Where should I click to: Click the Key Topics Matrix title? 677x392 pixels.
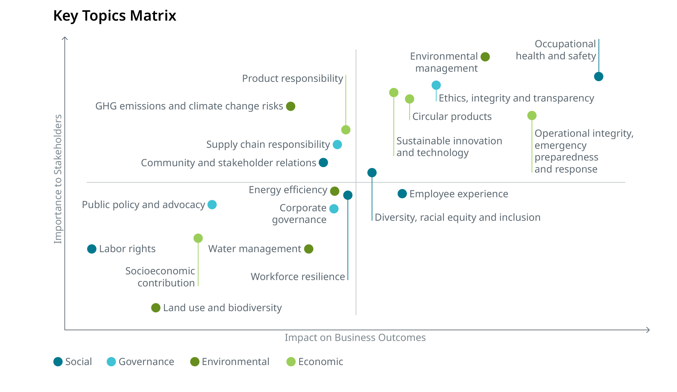(114, 16)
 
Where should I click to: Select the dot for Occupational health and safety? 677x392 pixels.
(598, 76)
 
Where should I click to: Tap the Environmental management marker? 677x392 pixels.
(485, 57)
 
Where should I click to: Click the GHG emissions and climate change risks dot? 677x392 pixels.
(290, 106)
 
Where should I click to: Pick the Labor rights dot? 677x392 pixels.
(92, 249)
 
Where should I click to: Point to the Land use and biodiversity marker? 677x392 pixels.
(156, 308)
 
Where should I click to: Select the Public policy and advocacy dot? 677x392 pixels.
(212, 205)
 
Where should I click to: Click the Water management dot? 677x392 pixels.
(308, 249)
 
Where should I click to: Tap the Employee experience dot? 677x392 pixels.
(402, 193)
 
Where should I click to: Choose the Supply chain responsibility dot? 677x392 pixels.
(337, 145)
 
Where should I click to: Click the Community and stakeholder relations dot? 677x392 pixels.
(323, 162)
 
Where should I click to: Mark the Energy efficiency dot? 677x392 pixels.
(335, 191)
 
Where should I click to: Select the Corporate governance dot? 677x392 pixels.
(334, 209)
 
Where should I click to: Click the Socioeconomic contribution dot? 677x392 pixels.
(198, 238)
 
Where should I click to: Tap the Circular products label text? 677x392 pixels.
(452, 116)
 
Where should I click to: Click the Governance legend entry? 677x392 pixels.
(140, 362)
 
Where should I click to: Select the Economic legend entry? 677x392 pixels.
(315, 362)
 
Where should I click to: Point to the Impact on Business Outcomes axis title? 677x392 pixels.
(355, 337)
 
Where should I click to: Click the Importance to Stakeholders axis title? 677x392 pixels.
(58, 179)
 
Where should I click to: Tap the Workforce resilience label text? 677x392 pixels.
(298, 277)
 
